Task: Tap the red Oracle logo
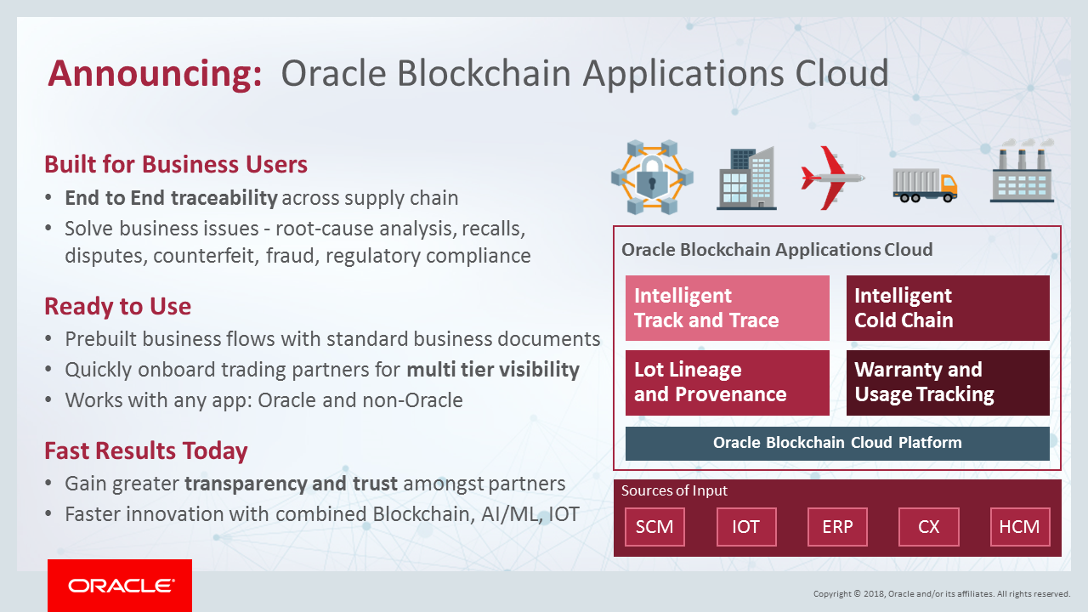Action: (120, 586)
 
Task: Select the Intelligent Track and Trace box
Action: (727, 308)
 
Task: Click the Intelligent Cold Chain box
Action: (948, 308)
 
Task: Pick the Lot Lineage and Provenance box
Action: (727, 382)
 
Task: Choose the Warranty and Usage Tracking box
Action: (948, 382)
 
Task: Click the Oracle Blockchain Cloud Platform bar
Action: (837, 443)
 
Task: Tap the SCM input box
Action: (654, 527)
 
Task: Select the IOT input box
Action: (745, 527)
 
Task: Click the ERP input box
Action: (837, 527)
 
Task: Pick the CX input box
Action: (928, 527)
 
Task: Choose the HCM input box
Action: (1019, 527)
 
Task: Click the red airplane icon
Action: (831, 178)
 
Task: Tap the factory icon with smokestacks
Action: (1022, 174)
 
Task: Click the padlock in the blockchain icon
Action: (652, 179)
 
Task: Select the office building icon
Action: (746, 178)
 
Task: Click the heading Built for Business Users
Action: (176, 164)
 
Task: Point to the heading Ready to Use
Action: (117, 306)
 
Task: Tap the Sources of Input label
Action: (674, 490)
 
